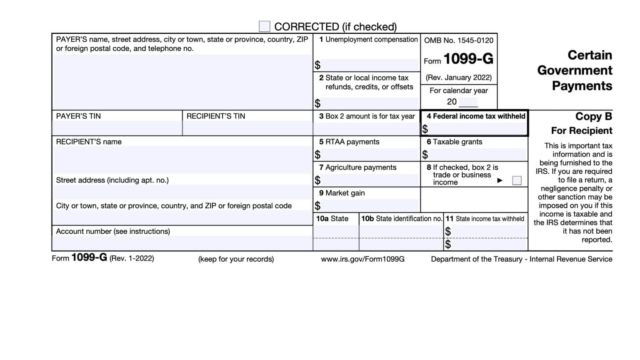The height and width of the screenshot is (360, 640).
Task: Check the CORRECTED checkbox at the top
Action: (264, 26)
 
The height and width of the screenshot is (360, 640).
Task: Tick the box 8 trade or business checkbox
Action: (517, 180)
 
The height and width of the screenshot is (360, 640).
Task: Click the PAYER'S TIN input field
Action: (117, 128)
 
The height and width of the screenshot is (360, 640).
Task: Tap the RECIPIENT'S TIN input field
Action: (247, 128)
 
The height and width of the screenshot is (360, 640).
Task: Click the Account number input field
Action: (182, 243)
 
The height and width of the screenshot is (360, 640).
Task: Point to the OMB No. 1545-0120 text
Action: (458, 40)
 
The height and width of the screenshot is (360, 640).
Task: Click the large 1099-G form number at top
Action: (468, 59)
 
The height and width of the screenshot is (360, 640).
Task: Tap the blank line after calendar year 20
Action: (468, 102)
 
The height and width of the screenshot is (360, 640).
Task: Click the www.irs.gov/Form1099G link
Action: (362, 259)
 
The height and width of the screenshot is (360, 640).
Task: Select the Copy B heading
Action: (593, 117)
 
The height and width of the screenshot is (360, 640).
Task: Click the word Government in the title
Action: (575, 70)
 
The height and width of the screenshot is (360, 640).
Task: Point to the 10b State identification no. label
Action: (401, 219)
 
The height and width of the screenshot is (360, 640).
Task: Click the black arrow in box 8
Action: (500, 180)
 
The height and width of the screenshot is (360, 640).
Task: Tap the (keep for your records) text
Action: (236, 259)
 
